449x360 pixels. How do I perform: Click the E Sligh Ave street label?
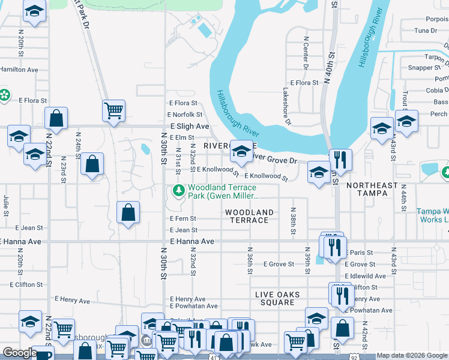(189, 127)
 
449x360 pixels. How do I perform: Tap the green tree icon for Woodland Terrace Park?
(178, 191)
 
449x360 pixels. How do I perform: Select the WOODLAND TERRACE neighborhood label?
(249, 216)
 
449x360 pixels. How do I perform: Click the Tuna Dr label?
(425, 31)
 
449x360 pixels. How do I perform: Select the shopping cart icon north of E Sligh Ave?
(113, 110)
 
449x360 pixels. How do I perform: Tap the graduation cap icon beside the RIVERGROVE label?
(241, 151)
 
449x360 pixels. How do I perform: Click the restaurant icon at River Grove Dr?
(340, 160)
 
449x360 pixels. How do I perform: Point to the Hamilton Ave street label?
(18, 70)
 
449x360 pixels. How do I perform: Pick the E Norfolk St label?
(185, 115)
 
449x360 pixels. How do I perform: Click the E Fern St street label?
(183, 219)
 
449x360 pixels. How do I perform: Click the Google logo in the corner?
(19, 352)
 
